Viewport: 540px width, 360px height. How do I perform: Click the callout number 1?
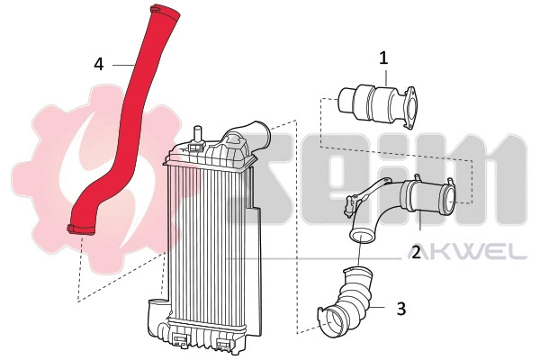click(383, 58)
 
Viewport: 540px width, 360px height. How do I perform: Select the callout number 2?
click(416, 253)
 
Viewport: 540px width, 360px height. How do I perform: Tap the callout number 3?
click(401, 309)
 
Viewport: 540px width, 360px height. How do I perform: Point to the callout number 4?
click(99, 64)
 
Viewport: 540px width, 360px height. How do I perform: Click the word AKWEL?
click(476, 251)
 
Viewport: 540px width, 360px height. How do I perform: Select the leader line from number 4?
click(121, 65)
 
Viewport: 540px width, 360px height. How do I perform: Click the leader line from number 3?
click(382, 309)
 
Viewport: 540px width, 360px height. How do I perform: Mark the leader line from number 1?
click(385, 77)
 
